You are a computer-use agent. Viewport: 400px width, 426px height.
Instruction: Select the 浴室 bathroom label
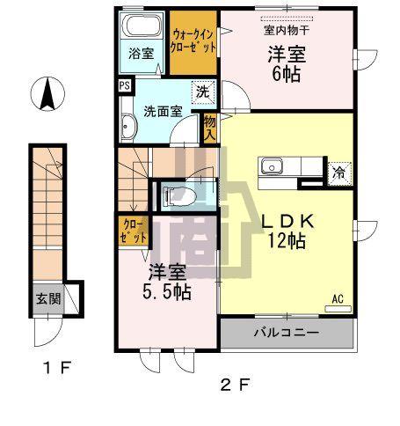142,53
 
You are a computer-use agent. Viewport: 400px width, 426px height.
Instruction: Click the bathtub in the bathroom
142,25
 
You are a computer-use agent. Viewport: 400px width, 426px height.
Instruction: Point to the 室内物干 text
281,26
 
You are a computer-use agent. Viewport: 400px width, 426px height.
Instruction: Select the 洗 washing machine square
202,92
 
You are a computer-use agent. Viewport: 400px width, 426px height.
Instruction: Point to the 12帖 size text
287,239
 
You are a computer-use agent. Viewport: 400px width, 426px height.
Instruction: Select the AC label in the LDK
338,299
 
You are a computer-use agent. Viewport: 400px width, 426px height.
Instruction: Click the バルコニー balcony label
287,334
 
